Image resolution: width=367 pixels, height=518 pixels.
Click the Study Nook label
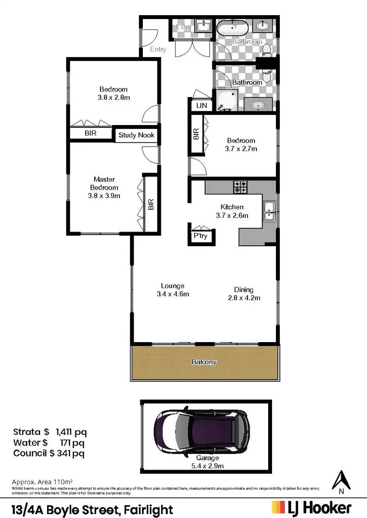pos(136,135)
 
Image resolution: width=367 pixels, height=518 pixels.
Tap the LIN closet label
pos(202,106)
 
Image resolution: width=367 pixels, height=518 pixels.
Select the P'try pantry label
pos(201,236)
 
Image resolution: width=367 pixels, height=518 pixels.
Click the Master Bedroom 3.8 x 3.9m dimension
pos(104,195)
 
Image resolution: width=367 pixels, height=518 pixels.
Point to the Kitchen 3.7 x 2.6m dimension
pos(232,215)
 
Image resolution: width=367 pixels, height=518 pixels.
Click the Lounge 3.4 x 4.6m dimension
pos(173,294)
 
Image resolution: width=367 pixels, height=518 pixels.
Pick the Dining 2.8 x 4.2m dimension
pos(244,298)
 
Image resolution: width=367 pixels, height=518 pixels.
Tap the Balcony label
pos(204,362)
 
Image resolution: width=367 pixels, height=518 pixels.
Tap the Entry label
pos(158,49)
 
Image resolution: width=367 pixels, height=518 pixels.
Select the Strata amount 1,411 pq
pos(67,432)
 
